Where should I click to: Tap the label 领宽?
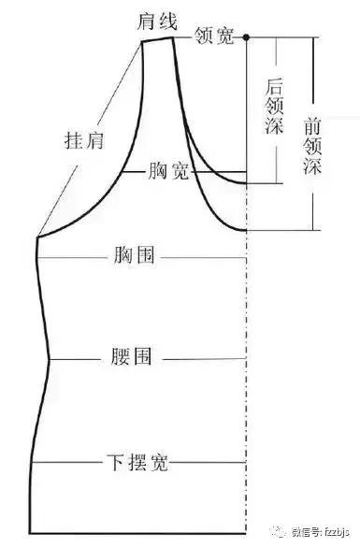[x=214, y=36]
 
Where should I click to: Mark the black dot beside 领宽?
[x=247, y=37]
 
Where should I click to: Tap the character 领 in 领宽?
[x=205, y=36]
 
